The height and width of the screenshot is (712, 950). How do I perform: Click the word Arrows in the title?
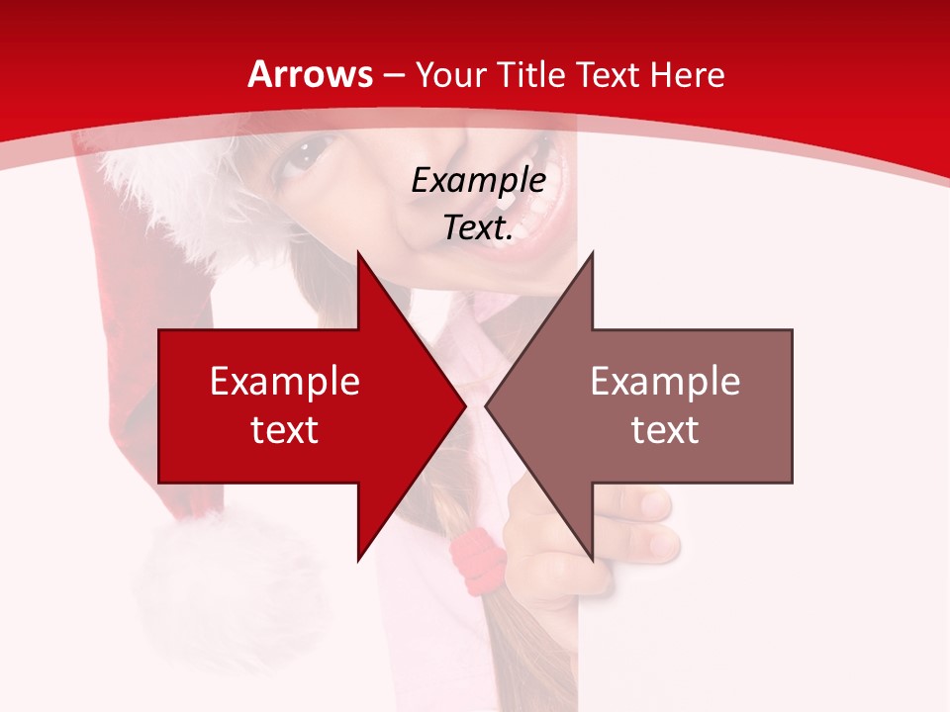(311, 74)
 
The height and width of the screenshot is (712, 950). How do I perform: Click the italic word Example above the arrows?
(478, 180)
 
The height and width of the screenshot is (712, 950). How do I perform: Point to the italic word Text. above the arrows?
(478, 227)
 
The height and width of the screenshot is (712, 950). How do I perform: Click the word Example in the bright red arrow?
(285, 381)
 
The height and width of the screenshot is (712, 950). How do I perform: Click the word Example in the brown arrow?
(665, 381)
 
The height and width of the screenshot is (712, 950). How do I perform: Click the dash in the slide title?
(393, 74)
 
